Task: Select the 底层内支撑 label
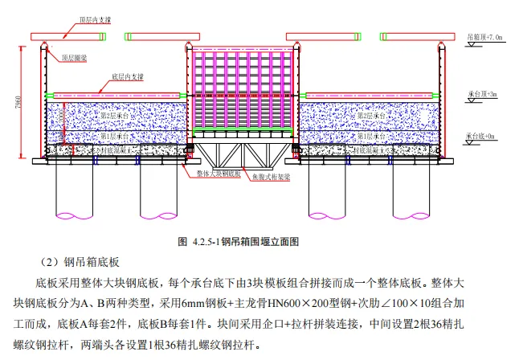[x=124, y=78]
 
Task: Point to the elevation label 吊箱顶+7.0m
[x=485, y=37]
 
